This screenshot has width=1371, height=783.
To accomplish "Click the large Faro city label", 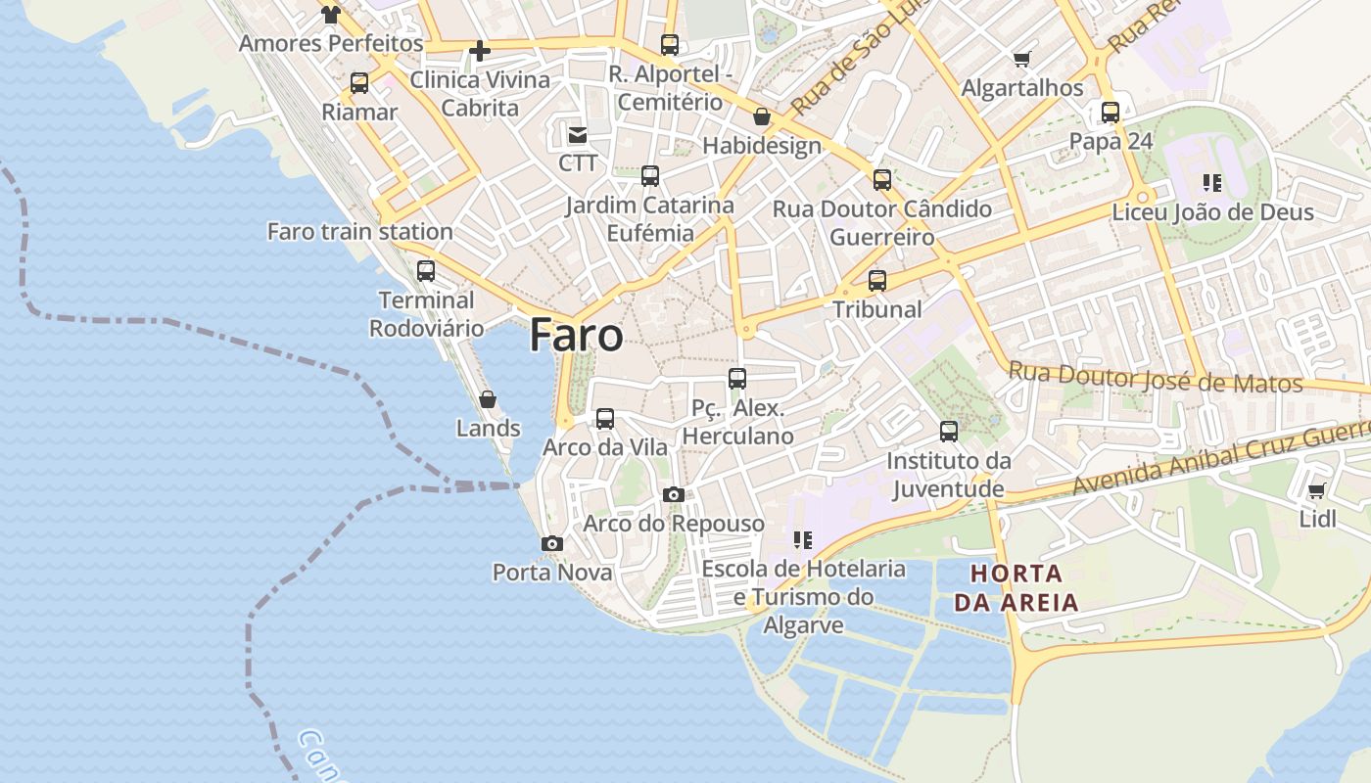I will click(x=576, y=336).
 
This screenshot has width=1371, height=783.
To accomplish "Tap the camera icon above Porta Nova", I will click(x=552, y=543).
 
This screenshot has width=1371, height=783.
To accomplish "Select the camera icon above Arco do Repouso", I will click(x=673, y=494).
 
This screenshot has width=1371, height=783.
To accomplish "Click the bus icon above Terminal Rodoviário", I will click(x=426, y=271).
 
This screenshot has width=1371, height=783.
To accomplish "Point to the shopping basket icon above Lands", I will click(x=488, y=399).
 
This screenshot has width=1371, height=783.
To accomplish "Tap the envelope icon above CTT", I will click(x=578, y=134).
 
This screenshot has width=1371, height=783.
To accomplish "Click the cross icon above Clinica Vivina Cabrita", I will click(x=480, y=50).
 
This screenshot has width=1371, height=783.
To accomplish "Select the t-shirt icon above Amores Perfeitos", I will click(x=331, y=14).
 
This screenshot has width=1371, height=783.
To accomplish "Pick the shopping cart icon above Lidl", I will click(x=1317, y=490).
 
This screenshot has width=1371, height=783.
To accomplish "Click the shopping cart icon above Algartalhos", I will click(x=1022, y=59).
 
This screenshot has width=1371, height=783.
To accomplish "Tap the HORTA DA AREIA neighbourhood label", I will click(x=1016, y=587).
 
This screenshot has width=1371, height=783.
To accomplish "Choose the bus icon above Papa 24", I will click(x=1110, y=112).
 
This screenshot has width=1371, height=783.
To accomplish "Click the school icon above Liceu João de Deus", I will click(x=1212, y=183).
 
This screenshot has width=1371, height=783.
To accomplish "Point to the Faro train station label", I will click(x=359, y=232).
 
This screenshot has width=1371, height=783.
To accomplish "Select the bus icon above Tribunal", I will click(x=877, y=281).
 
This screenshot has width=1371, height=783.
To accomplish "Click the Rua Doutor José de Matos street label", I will click(x=1156, y=378).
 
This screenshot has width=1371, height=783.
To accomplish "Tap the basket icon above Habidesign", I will click(x=762, y=117).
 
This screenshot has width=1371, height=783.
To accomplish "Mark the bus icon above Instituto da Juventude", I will click(x=948, y=431).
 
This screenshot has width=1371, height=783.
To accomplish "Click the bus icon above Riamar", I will click(x=359, y=83).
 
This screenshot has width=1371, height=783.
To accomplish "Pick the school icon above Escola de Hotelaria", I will click(x=803, y=539).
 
